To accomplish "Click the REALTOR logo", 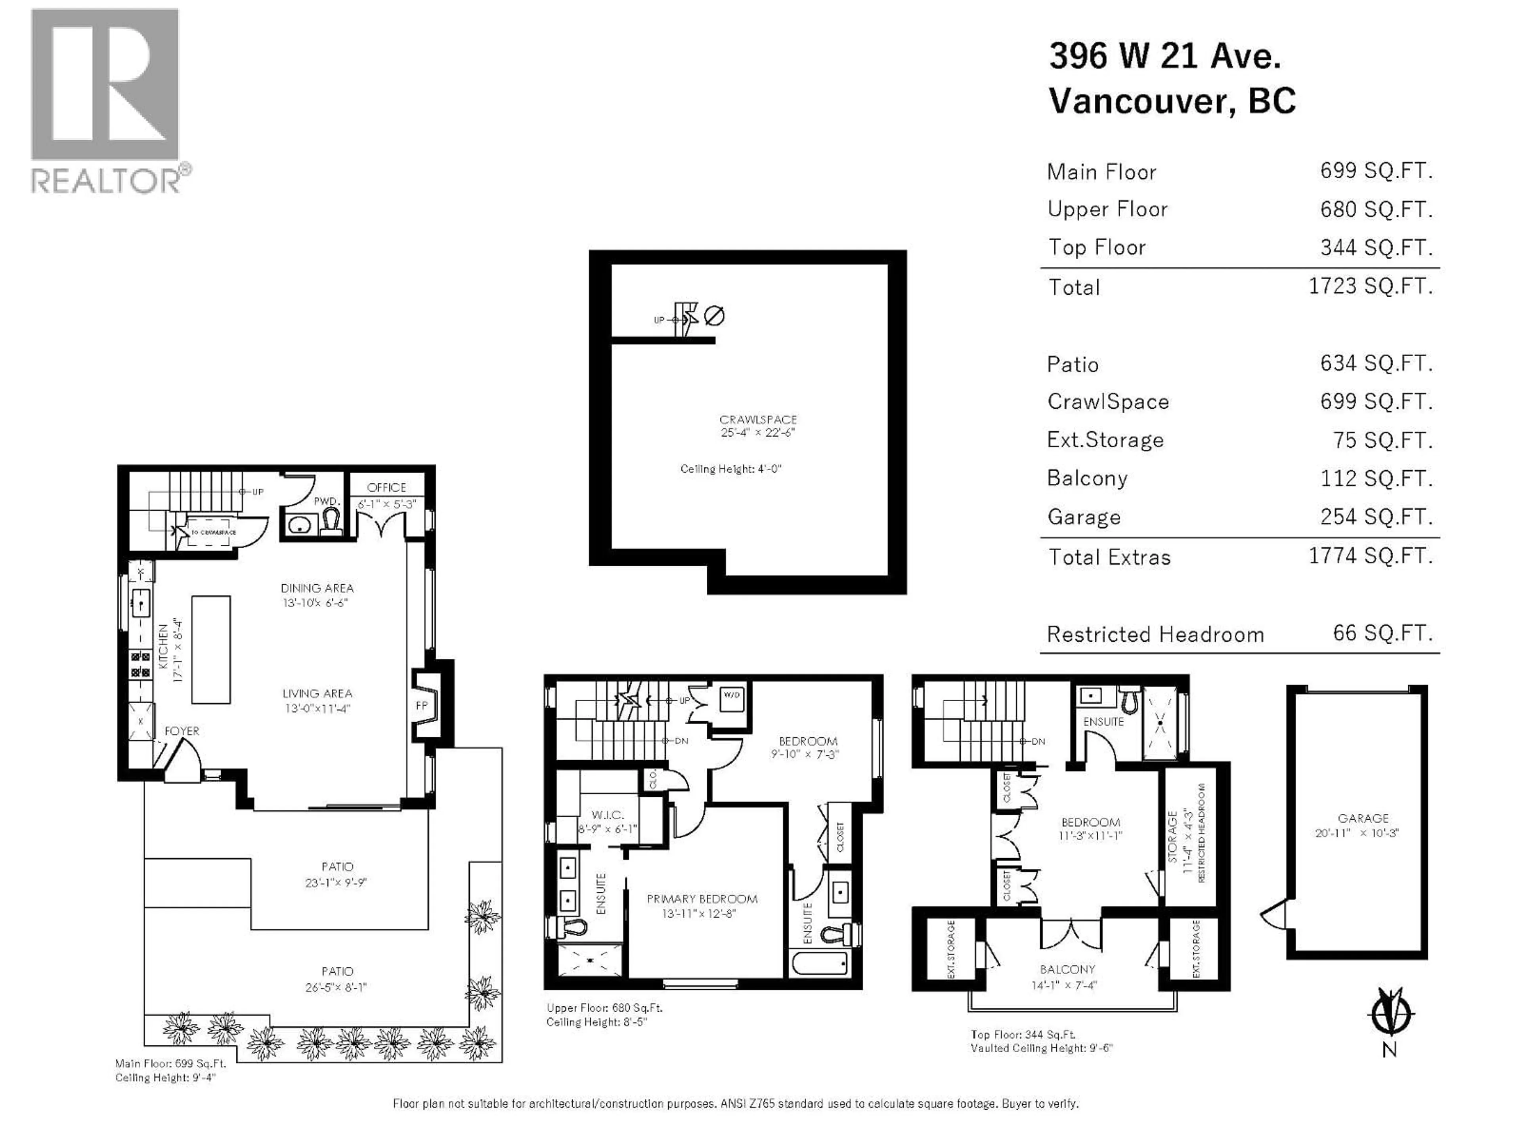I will coord(105,100).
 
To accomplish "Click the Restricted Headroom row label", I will coord(1155,634).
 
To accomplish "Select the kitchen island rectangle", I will coord(210,649).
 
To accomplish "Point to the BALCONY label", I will coord(1067,969).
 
